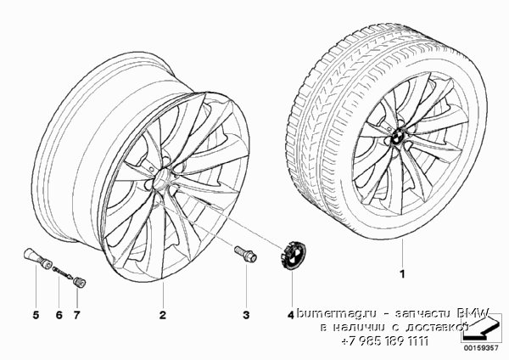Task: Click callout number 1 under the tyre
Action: (402, 274)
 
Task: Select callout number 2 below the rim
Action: (163, 314)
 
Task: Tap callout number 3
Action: (246, 314)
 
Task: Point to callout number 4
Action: (290, 314)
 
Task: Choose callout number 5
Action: (36, 314)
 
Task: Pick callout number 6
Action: (59, 314)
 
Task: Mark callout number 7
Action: (76, 314)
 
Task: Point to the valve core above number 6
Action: (62, 273)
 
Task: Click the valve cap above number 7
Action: (80, 282)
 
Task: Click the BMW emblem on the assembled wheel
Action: (398, 137)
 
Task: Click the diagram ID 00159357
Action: (480, 348)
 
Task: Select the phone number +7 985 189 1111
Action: (385, 341)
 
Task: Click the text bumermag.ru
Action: (337, 313)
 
